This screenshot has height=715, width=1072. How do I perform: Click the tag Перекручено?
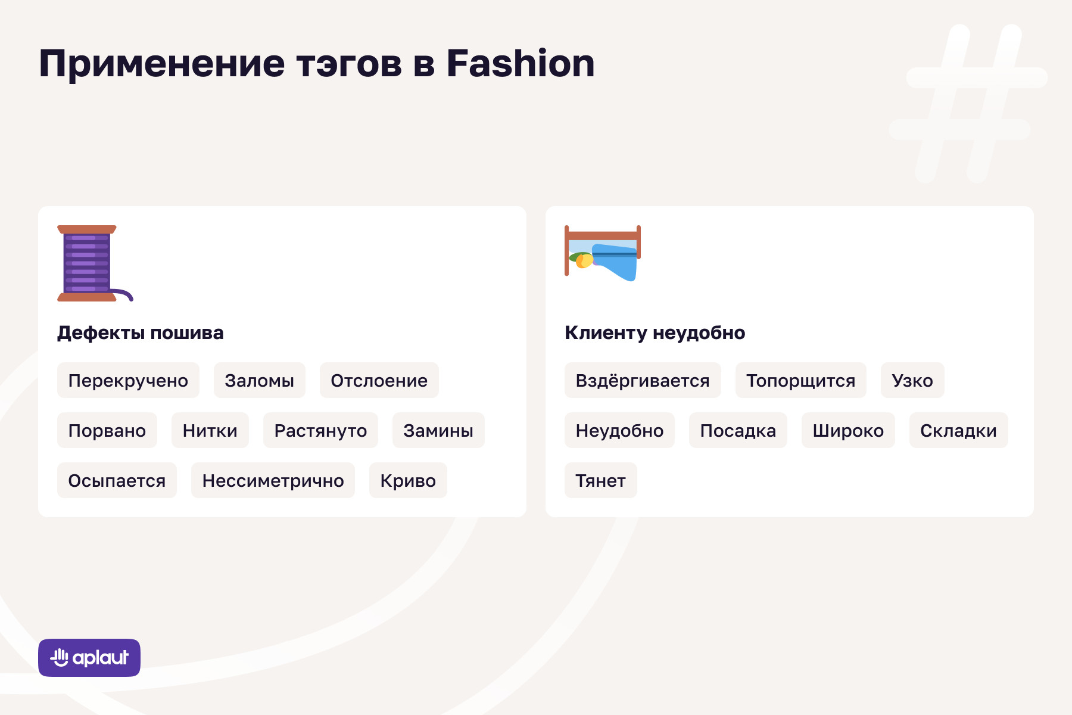[128, 380]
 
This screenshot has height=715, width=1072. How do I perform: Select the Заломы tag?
[260, 380]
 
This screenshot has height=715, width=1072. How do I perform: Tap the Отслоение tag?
[379, 380]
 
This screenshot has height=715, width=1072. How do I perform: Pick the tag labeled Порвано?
[107, 430]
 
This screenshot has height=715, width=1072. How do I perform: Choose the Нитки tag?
[210, 430]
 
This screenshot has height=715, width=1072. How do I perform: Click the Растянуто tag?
[320, 430]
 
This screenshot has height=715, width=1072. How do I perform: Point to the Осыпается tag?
[117, 480]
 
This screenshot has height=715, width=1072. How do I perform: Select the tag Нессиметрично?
[273, 480]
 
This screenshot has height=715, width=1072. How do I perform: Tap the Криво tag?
[408, 480]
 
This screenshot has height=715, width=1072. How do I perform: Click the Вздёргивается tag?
[643, 380]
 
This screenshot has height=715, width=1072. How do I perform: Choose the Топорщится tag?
[801, 380]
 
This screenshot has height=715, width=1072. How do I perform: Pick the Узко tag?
[912, 380]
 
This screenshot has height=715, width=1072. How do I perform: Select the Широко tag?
[848, 430]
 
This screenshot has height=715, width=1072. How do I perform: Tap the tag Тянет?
[601, 480]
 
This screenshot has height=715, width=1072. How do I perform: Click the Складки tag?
[958, 430]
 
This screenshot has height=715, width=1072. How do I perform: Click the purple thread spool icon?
[89, 263]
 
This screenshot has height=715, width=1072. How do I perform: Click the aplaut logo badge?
[89, 658]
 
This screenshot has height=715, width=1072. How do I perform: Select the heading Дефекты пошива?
[141, 332]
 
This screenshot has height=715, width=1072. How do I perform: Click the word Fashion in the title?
[521, 63]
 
